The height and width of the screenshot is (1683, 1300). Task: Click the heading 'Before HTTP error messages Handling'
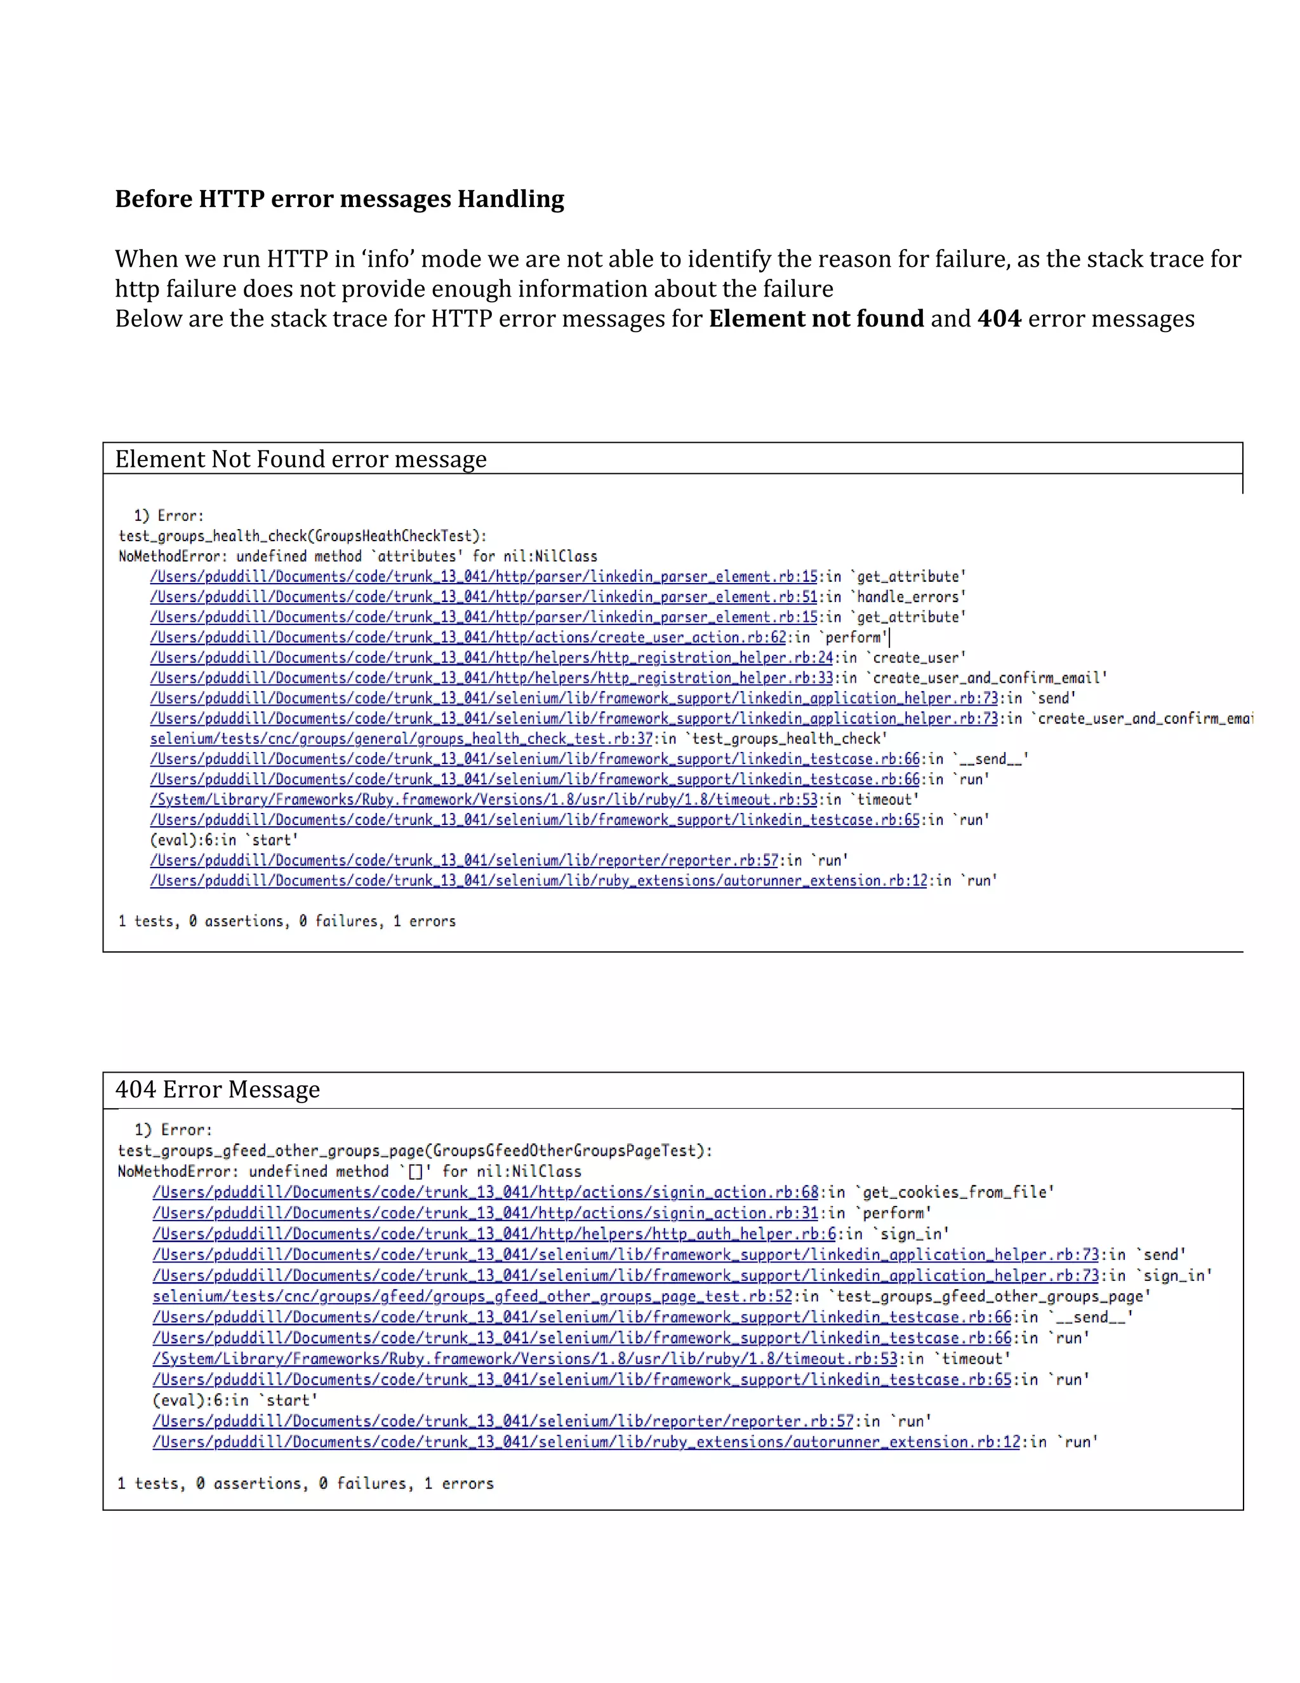pyautogui.click(x=340, y=199)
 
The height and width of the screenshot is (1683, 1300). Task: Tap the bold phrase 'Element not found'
pyautogui.click(x=816, y=318)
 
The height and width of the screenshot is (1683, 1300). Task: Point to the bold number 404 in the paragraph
pyautogui.click(x=999, y=318)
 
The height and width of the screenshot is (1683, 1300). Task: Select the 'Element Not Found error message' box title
pyautogui.click(x=300, y=459)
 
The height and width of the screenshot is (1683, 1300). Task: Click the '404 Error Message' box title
pyautogui.click(x=217, y=1090)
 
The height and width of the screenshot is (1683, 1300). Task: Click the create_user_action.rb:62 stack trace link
pyautogui.click(x=468, y=637)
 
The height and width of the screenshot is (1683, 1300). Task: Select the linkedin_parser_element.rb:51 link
pyautogui.click(x=484, y=597)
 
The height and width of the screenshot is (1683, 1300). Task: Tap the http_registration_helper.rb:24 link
pyautogui.click(x=491, y=658)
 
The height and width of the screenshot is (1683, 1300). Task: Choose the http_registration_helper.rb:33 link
pyautogui.click(x=491, y=678)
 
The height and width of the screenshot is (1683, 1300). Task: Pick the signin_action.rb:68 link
pyautogui.click(x=485, y=1192)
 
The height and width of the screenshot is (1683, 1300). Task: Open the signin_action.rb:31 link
pyautogui.click(x=485, y=1213)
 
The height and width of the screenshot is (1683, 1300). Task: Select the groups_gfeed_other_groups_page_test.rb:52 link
pyautogui.click(x=472, y=1296)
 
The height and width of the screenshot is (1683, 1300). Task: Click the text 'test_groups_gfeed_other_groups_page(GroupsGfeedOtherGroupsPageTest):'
pyautogui.click(x=415, y=1151)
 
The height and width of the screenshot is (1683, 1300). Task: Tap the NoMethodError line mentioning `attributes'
pyautogui.click(x=357, y=556)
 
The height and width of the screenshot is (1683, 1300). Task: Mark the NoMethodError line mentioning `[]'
pyautogui.click(x=349, y=1171)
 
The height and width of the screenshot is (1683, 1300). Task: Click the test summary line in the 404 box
pyautogui.click(x=305, y=1484)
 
